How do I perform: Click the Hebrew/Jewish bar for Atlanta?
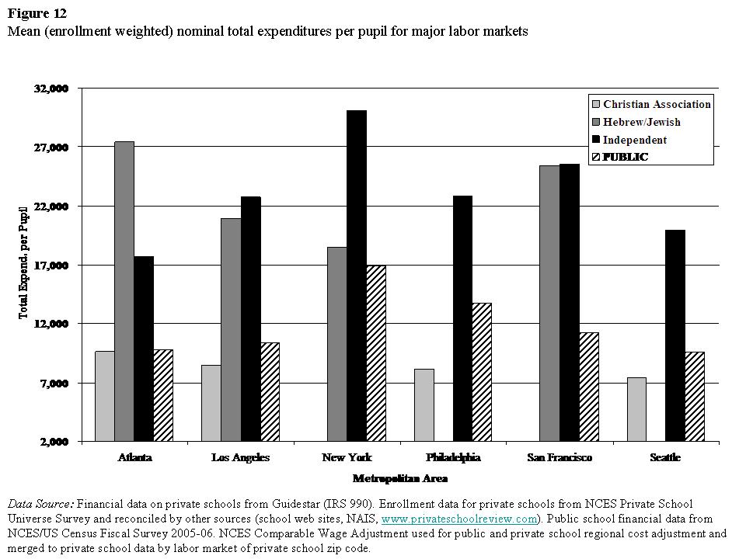click(124, 291)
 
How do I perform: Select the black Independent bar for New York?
click(357, 276)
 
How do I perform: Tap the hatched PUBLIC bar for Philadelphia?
click(482, 372)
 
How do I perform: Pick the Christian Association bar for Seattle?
click(636, 409)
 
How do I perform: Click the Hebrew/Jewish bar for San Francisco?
click(549, 303)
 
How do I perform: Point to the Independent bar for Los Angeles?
click(251, 318)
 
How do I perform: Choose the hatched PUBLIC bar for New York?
click(376, 353)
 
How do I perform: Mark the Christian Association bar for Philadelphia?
click(424, 404)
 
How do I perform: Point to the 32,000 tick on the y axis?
click(51, 89)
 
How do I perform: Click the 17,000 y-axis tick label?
click(51, 265)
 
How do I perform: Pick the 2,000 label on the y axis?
click(54, 442)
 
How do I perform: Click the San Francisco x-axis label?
click(559, 457)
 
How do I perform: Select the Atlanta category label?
click(134, 457)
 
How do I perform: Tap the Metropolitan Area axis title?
click(399, 478)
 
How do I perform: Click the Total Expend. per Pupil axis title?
click(23, 263)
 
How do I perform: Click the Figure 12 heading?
click(37, 13)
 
